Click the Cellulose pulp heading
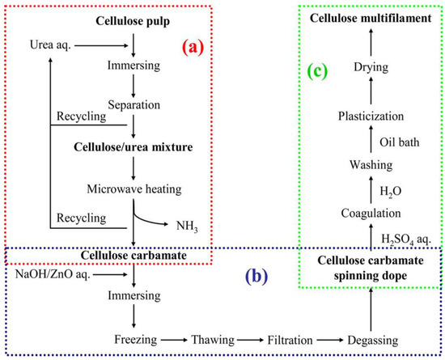[x=132, y=19]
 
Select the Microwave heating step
[x=132, y=188]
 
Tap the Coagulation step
[x=371, y=214]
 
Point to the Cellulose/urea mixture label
[x=132, y=147]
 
